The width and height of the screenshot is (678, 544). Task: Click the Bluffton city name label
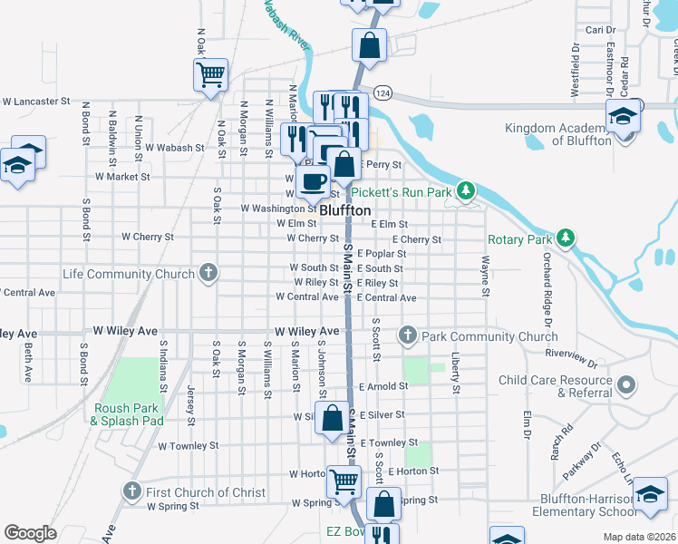point(345,209)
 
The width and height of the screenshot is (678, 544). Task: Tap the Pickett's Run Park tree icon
point(466,190)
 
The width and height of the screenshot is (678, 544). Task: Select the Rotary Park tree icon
point(566,238)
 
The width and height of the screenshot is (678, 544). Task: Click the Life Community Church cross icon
point(208,272)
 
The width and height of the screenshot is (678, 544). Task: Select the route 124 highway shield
point(383,93)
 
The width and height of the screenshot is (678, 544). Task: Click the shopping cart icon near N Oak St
point(210,73)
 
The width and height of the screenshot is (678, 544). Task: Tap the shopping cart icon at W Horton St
point(344,481)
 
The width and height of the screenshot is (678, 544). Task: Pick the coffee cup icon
point(314,180)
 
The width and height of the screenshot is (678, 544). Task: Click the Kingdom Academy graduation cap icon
point(623,118)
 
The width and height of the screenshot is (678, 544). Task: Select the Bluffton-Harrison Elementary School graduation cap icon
point(649,495)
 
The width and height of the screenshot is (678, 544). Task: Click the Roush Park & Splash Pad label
point(128,414)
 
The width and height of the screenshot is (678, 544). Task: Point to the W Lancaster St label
point(36,102)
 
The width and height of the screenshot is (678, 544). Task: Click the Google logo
point(30,533)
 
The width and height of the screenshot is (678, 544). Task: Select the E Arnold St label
point(383,386)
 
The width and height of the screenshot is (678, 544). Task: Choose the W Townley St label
point(188,446)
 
